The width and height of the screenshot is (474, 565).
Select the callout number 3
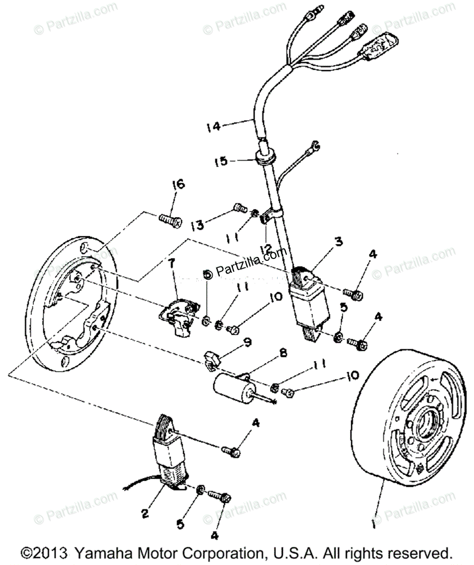click(338, 242)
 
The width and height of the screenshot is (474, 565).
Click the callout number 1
click(375, 523)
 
